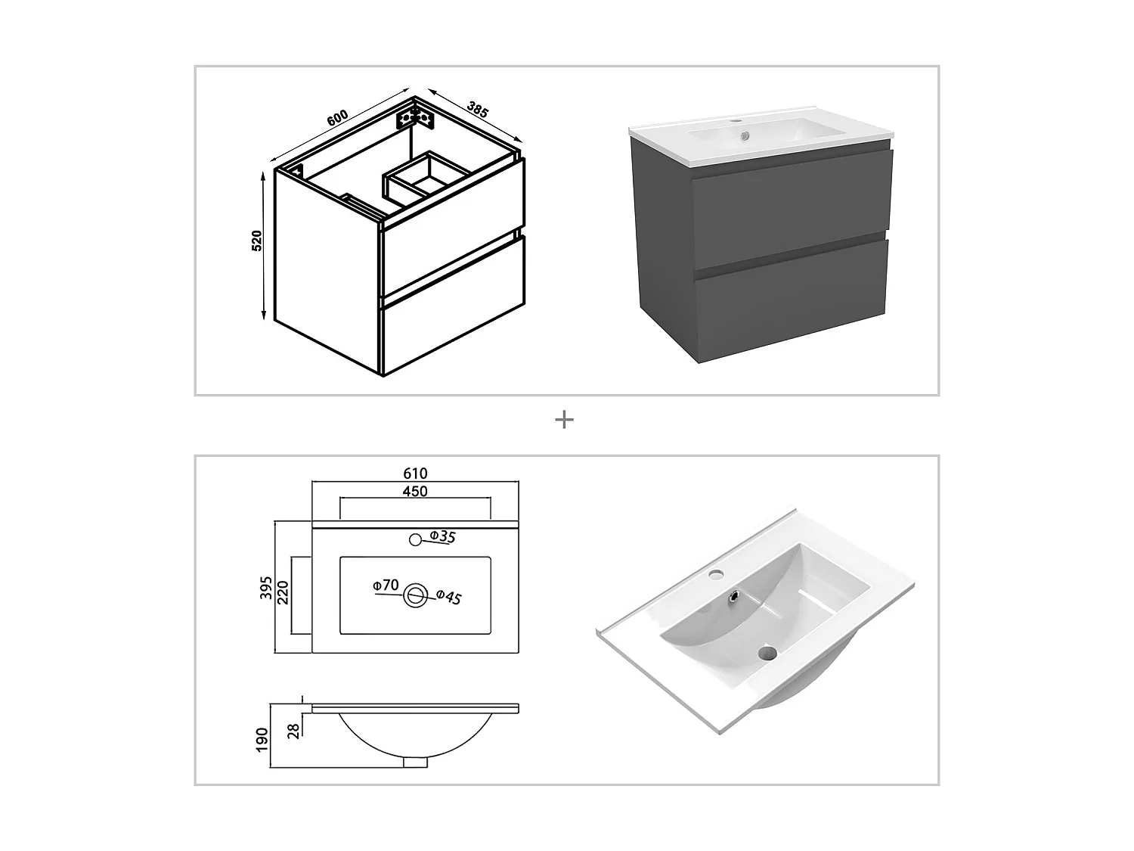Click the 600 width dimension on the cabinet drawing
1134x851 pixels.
337,118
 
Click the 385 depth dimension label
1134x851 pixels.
477,109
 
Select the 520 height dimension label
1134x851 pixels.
256,241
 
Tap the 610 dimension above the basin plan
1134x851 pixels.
415,474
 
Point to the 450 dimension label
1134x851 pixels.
415,491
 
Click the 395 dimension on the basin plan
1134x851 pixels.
266,588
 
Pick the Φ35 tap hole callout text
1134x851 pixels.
442,537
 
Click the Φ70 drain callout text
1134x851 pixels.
386,585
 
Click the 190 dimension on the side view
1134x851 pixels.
262,739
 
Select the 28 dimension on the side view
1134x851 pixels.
294,729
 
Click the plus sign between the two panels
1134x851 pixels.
564,420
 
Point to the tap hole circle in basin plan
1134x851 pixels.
414,539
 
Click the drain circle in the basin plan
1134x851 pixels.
415,595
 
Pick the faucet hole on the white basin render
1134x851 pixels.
715,575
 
